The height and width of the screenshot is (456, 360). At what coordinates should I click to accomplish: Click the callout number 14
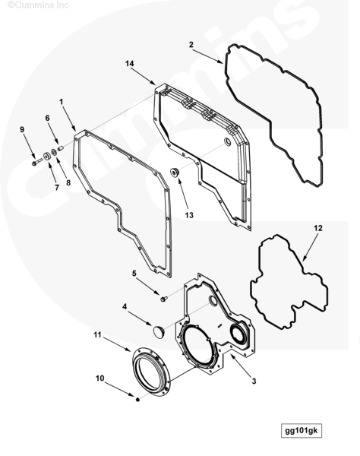(130, 63)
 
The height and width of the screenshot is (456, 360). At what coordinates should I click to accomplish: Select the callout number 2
(191, 45)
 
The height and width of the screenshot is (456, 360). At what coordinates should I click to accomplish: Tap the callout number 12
(318, 228)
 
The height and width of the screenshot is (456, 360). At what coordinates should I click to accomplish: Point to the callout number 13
(189, 215)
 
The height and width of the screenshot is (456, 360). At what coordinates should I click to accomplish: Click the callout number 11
(97, 334)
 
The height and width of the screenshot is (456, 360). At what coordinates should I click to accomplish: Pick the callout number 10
(99, 378)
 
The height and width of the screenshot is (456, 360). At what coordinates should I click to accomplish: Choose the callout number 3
(254, 381)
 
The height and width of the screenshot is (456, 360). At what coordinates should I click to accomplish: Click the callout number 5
(134, 273)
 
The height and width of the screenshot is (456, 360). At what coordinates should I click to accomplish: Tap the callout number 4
(125, 306)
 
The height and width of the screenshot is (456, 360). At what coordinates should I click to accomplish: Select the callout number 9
(22, 129)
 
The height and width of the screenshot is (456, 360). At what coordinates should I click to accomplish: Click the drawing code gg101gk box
(302, 430)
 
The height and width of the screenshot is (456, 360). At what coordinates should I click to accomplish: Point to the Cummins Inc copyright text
(38, 5)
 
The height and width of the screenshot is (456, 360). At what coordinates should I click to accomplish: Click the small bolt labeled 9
(37, 162)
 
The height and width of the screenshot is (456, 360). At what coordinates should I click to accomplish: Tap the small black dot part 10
(138, 400)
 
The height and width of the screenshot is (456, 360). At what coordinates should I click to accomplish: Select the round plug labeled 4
(159, 332)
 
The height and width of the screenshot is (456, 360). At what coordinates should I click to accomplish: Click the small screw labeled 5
(164, 299)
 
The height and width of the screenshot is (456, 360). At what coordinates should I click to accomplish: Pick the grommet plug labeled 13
(175, 173)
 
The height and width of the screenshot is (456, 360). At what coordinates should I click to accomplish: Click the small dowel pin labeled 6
(61, 148)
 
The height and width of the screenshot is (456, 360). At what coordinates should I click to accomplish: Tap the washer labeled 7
(47, 157)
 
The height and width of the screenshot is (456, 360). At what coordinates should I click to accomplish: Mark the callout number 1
(61, 102)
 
